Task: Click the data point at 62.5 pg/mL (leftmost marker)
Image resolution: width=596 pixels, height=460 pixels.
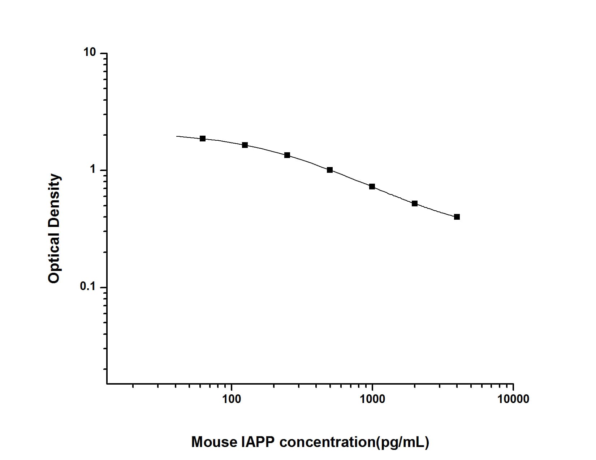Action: pos(203,139)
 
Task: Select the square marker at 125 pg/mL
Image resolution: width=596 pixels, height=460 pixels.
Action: pos(245,145)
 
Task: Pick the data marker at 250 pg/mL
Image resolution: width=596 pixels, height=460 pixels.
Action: pos(287,155)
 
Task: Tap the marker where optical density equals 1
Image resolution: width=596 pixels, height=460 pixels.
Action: pos(330,170)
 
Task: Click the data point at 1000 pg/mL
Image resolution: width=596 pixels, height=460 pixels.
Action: pos(372,187)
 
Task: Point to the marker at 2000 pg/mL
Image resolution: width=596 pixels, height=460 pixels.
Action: pos(415,203)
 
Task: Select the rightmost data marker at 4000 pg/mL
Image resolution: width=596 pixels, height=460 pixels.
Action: pos(457,217)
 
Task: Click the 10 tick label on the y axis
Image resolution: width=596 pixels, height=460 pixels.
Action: pos(90,53)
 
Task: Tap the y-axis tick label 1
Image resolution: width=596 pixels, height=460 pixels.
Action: pos(93,170)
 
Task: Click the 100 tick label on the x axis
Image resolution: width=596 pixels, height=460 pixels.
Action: pos(231,399)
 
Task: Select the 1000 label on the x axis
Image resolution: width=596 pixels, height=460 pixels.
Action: pos(372,399)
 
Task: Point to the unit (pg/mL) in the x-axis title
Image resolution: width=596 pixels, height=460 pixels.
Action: pos(402,442)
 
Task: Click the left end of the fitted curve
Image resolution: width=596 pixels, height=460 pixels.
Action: pos(177,136)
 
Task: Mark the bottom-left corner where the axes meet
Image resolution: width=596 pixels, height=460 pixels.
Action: pos(107,384)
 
